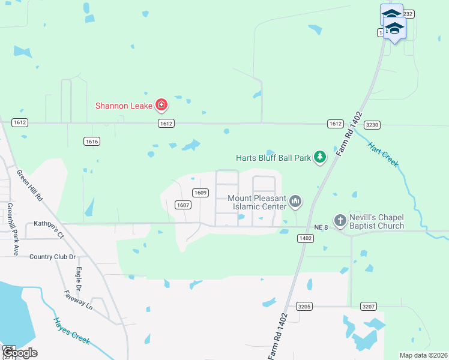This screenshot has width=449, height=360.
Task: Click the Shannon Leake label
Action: [x=124, y=106]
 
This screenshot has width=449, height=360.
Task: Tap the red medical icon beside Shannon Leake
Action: [x=161, y=106]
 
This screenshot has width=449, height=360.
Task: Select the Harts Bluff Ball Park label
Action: [x=273, y=158]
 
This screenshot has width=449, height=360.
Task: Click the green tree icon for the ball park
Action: [x=321, y=157]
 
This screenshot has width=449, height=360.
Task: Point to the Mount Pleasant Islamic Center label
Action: [x=257, y=202]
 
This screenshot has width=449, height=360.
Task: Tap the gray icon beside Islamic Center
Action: [x=295, y=202]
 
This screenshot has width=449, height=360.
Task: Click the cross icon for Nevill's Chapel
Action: [x=340, y=221]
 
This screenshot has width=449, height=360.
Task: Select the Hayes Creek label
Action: [x=71, y=331]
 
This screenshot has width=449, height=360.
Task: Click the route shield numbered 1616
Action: [x=92, y=142]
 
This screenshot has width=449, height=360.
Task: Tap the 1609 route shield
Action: [x=200, y=193]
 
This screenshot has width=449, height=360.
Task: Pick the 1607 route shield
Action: [x=183, y=205]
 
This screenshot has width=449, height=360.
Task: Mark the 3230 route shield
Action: [x=373, y=125]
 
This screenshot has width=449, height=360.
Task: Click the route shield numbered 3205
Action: [x=304, y=307]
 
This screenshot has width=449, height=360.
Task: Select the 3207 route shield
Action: [x=369, y=307]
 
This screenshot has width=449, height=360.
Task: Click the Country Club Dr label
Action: [x=53, y=257]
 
